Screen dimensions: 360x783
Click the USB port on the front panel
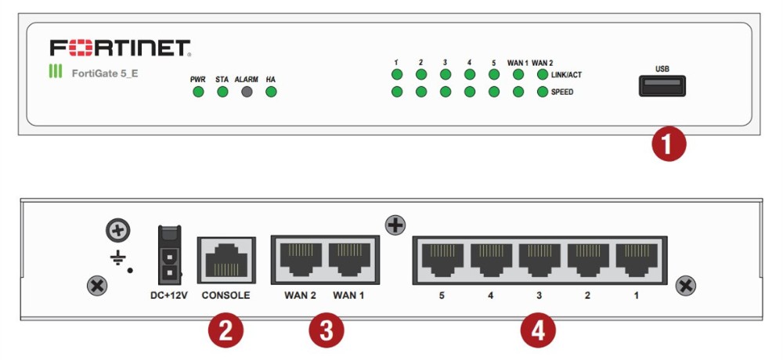tap(662, 86)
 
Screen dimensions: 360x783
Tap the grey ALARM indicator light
tap(247, 92)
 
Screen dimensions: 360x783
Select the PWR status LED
tap(198, 92)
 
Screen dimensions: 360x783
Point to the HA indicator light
tap(271, 92)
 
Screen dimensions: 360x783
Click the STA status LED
tap(222, 92)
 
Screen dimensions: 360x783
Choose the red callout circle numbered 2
tap(226, 331)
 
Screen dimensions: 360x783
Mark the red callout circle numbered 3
tap(326, 331)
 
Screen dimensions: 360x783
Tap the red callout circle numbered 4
tap(539, 331)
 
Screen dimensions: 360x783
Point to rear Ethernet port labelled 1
tap(636, 261)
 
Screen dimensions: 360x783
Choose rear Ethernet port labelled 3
tap(539, 261)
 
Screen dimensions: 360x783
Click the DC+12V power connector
tap(170, 254)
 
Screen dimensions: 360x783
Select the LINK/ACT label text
tap(568, 75)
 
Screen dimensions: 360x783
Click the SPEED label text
tap(562, 92)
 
